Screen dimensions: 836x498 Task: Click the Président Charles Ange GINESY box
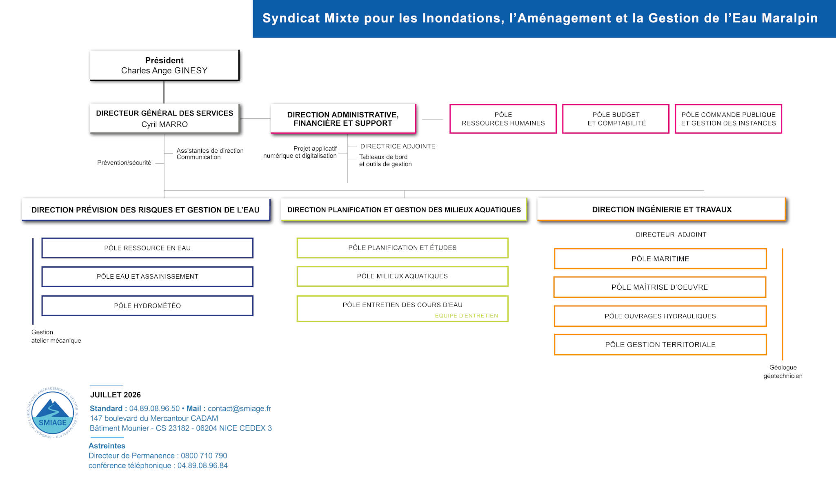tap(165, 65)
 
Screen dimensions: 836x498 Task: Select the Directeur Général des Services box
tap(165, 118)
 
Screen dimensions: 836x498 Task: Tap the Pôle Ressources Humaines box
tap(503, 119)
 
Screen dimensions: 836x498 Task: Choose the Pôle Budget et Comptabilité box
tap(616, 119)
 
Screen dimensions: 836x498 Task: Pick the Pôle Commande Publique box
tap(728, 119)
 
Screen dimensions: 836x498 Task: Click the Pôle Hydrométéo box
tap(147, 306)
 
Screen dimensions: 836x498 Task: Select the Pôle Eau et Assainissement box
tap(147, 277)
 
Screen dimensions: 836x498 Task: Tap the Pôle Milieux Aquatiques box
tap(402, 276)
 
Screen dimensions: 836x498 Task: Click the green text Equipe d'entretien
tap(467, 315)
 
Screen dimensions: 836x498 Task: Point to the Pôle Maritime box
tap(660, 259)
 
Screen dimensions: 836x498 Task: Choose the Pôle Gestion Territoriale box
tap(660, 344)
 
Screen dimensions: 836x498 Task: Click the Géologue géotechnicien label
tap(783, 372)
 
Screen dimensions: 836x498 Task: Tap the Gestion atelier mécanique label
tap(56, 336)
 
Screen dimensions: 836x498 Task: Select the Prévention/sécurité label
tap(124, 163)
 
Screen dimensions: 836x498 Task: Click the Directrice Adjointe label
tap(398, 146)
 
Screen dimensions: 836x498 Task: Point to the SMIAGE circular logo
tap(52, 413)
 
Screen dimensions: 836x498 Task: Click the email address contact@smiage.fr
tap(239, 409)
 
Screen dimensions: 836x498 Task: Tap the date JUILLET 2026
tap(116, 395)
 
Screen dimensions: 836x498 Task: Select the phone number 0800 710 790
tap(204, 456)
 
